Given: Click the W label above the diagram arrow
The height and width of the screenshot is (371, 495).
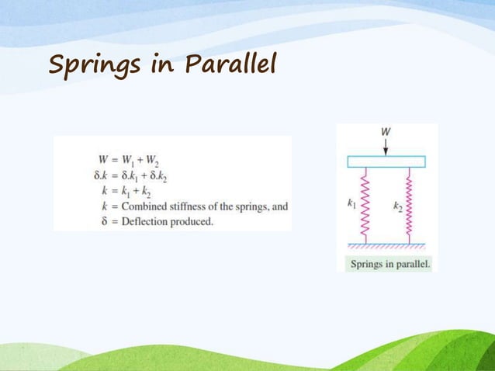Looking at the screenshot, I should coord(386,132).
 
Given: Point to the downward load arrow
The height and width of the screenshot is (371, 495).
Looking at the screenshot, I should coord(386,147).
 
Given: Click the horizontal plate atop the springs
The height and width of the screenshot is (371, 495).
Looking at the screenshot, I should coord(386,161).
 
